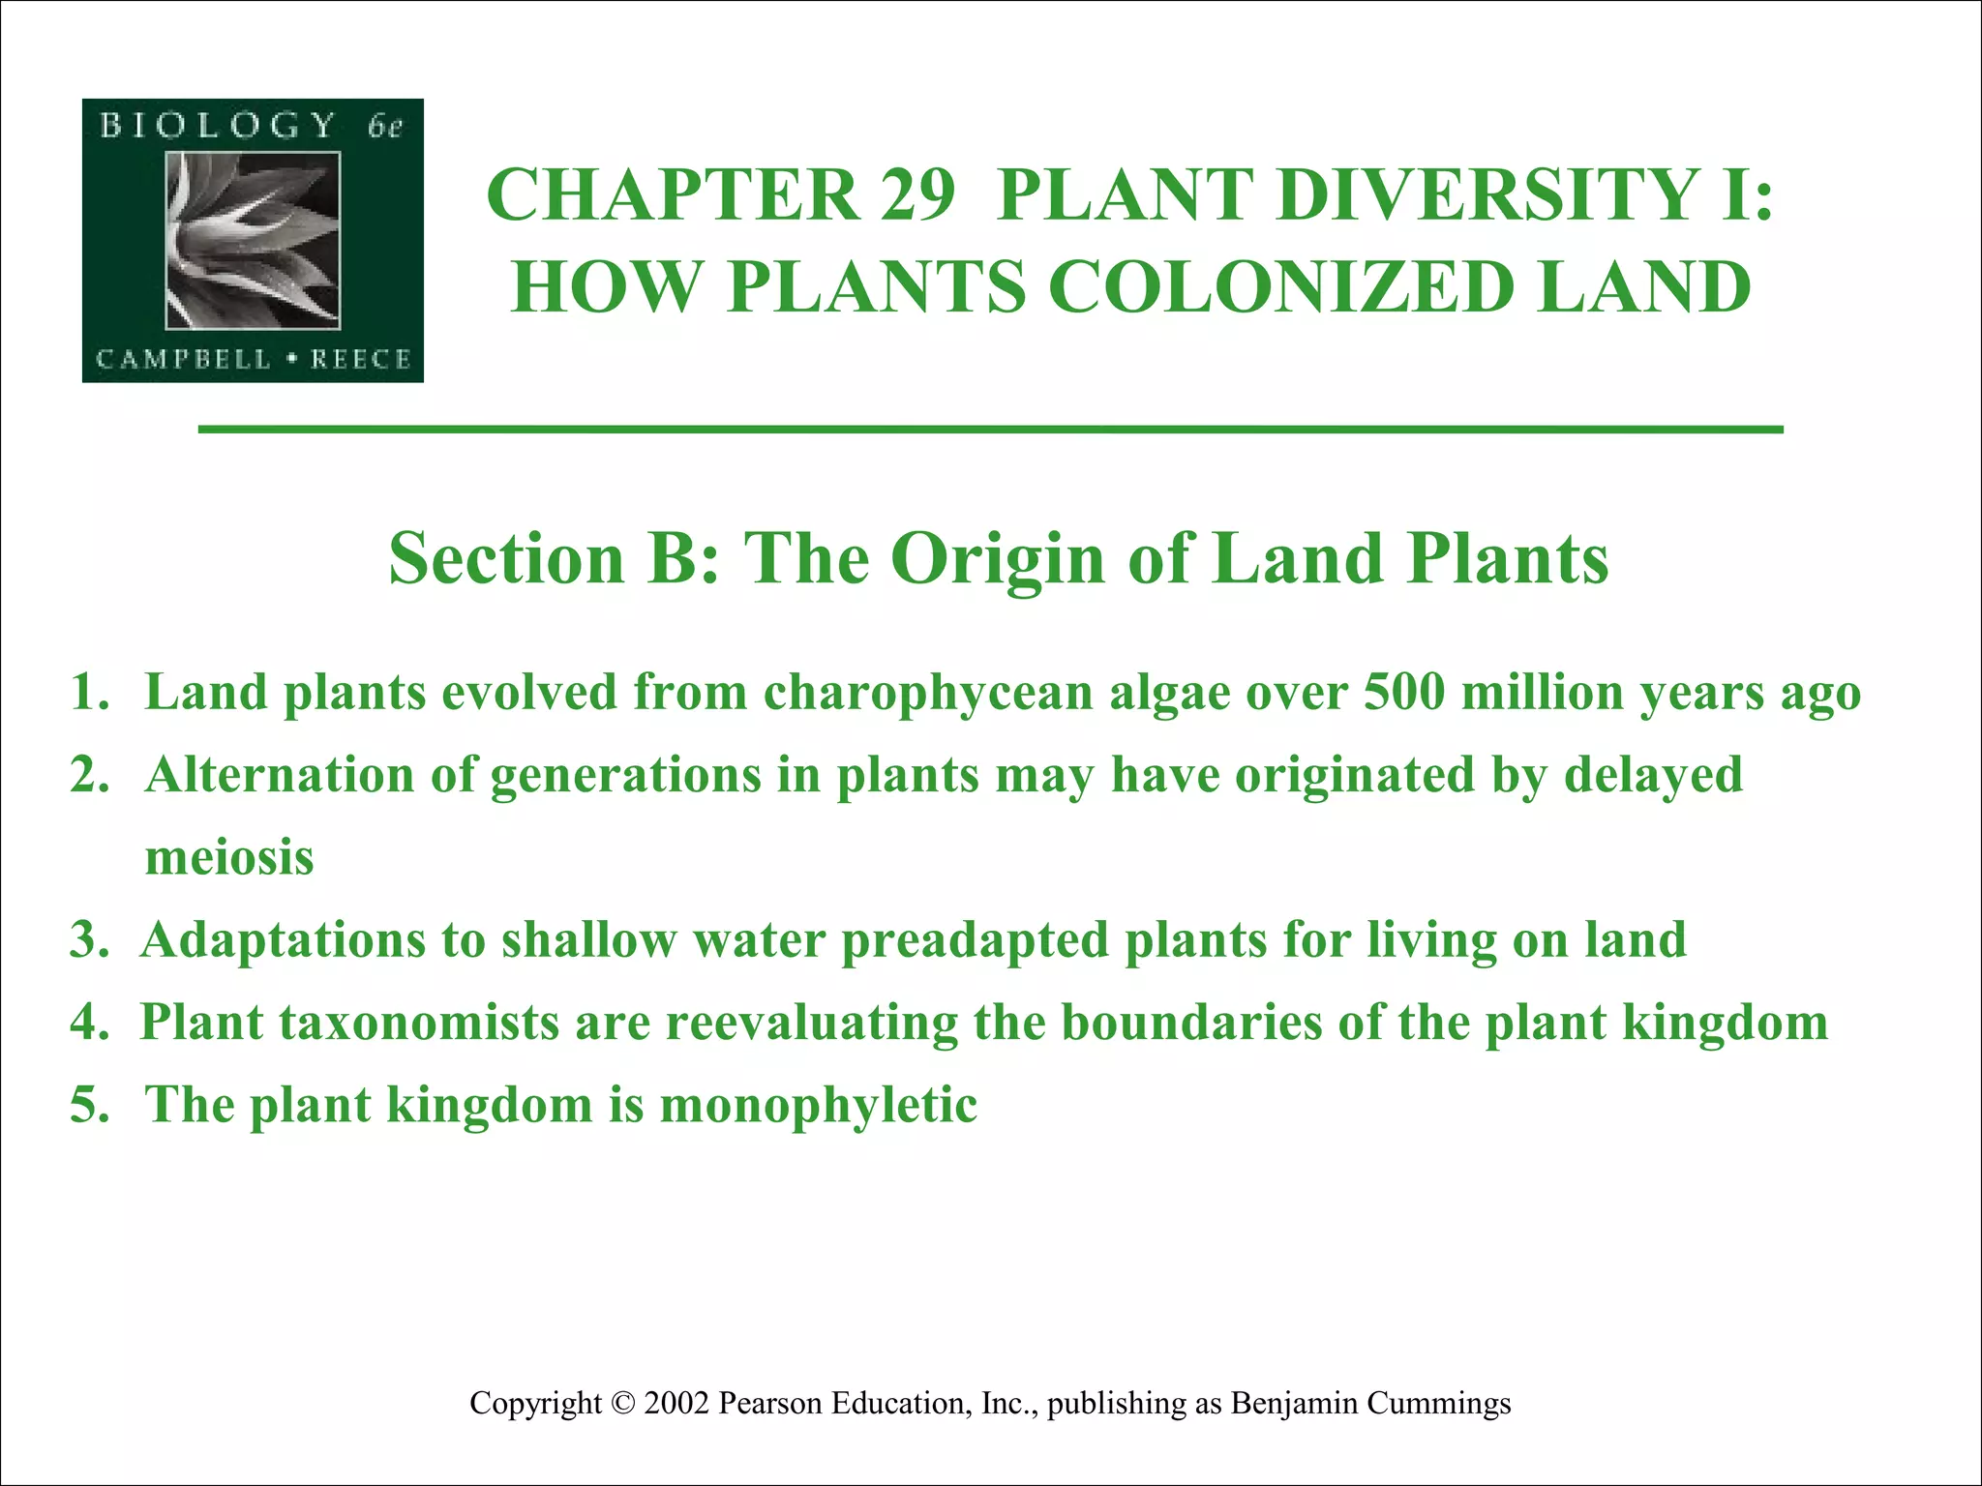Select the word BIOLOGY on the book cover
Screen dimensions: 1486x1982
218,126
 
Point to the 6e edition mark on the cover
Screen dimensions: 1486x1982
384,127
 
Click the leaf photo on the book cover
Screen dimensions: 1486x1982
253,240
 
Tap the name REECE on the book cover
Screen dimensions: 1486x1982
361,360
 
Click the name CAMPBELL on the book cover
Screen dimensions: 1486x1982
184,360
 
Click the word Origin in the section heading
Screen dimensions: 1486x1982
998,558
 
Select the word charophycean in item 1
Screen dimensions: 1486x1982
928,694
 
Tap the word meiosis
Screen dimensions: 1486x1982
229,858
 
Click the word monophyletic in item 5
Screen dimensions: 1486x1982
818,1105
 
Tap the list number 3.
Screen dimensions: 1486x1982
87,940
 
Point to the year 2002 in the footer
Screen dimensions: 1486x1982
676,1403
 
